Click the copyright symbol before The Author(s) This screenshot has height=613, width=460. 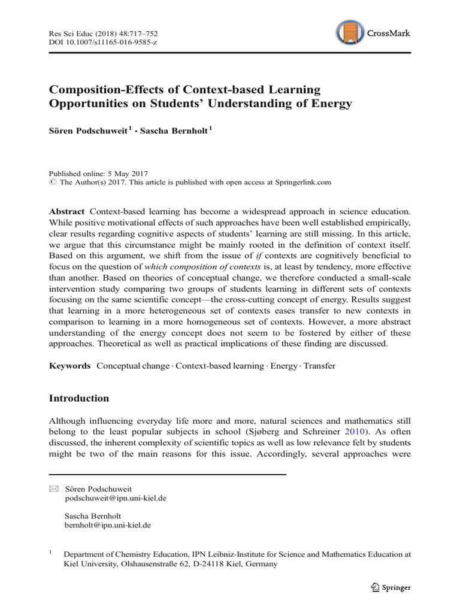[52, 181]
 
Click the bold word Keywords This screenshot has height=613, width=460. [69, 365]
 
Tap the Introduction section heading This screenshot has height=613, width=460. [78, 398]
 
